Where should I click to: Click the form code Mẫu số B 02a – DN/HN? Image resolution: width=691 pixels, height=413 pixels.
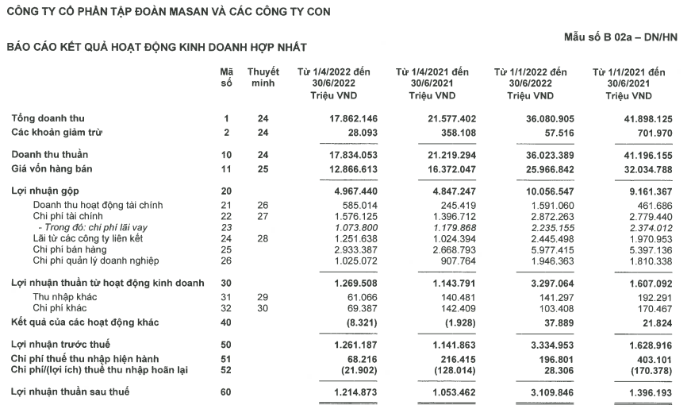[x=620, y=37]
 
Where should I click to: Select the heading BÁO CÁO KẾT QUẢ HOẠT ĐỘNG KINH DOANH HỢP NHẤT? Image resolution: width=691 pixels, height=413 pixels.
[x=156, y=48]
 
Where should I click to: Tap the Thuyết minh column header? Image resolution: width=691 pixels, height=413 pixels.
[x=263, y=77]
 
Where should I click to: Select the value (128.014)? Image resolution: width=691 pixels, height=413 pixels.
[x=452, y=370]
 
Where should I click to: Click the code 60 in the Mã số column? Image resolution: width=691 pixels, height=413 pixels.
[x=226, y=393]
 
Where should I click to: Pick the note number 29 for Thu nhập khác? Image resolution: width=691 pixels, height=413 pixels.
[x=263, y=295]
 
